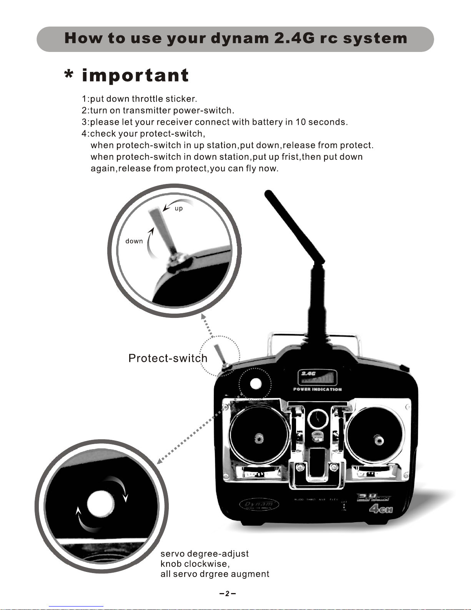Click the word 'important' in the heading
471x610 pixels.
click(135, 75)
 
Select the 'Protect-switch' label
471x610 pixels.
click(168, 358)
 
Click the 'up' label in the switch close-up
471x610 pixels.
click(179, 209)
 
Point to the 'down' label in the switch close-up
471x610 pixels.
click(134, 241)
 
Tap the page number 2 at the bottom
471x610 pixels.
click(227, 593)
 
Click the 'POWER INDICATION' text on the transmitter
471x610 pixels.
click(318, 389)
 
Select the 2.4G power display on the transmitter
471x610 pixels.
click(318, 377)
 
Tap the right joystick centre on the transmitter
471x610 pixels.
click(378, 439)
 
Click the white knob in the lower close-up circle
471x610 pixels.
click(101, 504)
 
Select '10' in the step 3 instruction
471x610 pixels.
click(300, 122)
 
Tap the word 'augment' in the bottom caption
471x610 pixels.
click(251, 574)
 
